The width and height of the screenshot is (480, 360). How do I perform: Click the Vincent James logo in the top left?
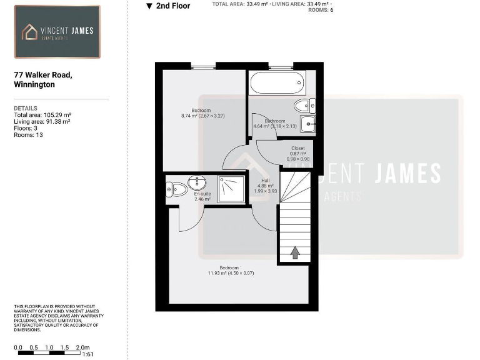point(57,32)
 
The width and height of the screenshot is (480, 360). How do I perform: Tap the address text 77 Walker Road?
point(43,75)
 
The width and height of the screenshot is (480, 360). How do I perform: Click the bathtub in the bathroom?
point(276,82)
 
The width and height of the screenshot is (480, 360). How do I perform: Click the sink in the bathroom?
point(308,124)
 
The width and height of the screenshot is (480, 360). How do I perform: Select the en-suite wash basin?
point(197,182)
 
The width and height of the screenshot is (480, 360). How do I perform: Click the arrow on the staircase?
point(294,252)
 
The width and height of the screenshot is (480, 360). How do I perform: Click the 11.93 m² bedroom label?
point(230,271)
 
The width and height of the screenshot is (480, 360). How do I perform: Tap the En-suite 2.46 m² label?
point(202,196)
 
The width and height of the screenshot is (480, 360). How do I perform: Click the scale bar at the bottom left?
point(50,353)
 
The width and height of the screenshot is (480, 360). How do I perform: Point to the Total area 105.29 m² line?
point(42,115)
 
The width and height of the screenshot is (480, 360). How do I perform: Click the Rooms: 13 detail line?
point(28,134)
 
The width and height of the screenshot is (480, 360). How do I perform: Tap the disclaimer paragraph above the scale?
point(58,317)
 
